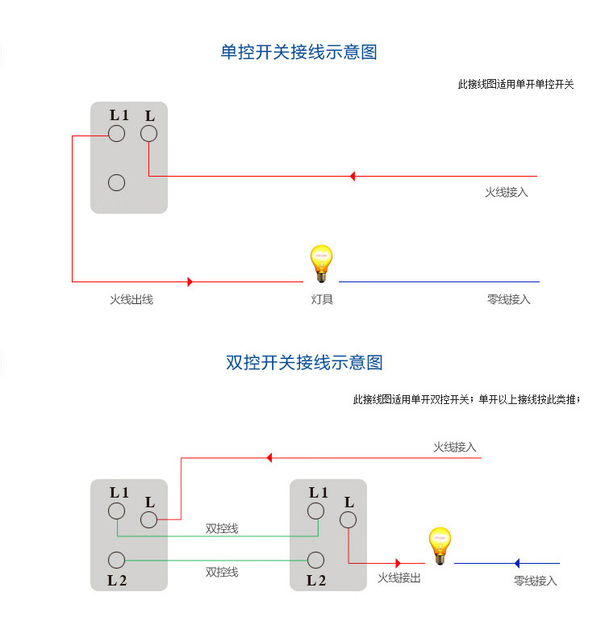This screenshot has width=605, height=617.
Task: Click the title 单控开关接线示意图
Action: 298,52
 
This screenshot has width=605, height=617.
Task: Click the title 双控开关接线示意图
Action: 303,362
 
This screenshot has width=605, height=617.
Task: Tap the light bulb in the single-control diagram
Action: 321,263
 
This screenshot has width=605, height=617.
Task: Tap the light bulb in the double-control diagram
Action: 439,544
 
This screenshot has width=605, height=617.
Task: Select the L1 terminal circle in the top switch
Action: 117,134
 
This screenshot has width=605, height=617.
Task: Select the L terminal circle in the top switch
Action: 148,134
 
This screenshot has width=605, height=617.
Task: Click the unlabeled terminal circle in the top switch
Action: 117,183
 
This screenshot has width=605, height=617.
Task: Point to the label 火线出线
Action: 131,299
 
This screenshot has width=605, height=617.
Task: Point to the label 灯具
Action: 322,299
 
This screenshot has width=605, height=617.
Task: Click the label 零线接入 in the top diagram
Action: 509,299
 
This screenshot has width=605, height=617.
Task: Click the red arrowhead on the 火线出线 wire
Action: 190,281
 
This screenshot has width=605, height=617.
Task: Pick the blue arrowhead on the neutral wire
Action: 517,563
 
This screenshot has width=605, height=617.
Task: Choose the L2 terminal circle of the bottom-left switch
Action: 117,560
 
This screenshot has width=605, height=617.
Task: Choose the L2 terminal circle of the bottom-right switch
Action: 316,560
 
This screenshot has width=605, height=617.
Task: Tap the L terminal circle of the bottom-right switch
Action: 348,520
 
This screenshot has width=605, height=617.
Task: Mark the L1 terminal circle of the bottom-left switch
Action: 117,511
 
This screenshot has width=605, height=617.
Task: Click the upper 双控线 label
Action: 222,529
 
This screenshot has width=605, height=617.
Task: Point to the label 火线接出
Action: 399,578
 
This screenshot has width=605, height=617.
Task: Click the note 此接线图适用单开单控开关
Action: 515,84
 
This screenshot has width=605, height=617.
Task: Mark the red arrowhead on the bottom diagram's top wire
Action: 269,457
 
